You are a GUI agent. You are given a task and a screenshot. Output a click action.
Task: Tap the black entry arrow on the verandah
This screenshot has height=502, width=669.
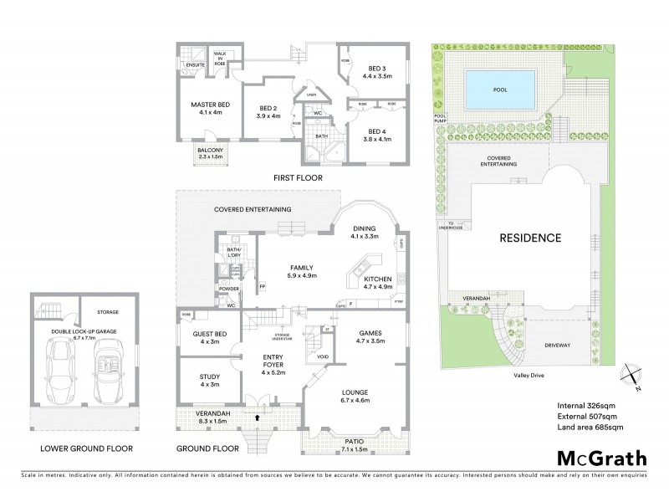258,415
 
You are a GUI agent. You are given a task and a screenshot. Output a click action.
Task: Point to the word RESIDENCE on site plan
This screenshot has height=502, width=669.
529,238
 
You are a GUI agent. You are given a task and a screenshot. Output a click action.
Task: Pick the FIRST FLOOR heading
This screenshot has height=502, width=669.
298,178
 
